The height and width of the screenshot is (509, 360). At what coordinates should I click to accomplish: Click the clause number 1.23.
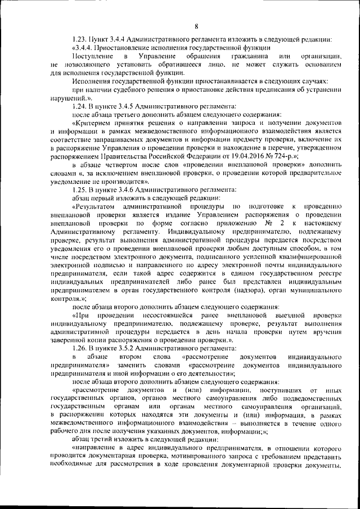[80, 39]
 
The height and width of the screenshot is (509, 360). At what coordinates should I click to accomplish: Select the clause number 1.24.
[80, 106]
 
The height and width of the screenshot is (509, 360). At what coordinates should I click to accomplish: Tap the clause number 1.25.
[80, 190]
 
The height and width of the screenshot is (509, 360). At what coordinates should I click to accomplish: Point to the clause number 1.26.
[80, 349]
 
